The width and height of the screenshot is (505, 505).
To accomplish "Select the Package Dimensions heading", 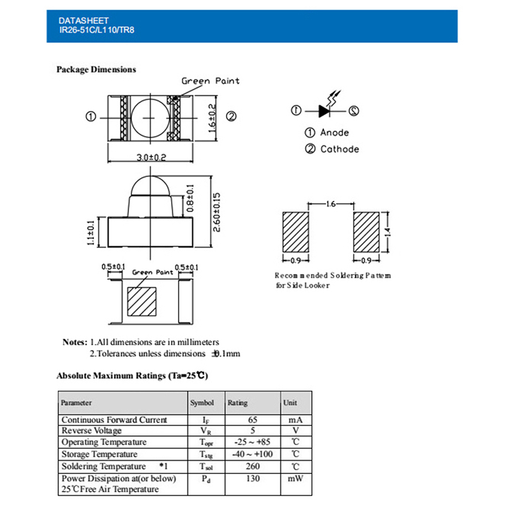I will (96, 69).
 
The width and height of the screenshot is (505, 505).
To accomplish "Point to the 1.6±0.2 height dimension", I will (212, 117).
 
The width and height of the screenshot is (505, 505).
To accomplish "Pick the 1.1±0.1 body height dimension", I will (91, 232).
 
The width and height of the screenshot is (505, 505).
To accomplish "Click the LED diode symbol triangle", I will (324, 111).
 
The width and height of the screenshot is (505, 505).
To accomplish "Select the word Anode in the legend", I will (334, 133).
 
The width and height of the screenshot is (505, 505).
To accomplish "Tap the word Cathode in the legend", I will (339, 149).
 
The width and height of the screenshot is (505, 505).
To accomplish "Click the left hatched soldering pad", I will (294, 232).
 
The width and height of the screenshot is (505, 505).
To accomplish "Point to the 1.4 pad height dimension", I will (389, 232).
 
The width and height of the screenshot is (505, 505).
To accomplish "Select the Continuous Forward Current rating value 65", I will (252, 420).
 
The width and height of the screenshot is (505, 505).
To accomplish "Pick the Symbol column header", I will (202, 403).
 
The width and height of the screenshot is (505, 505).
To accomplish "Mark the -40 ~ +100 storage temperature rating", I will (252, 454).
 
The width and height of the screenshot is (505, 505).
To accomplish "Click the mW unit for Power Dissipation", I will (295, 479).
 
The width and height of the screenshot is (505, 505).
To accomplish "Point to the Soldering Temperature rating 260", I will (252, 466).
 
